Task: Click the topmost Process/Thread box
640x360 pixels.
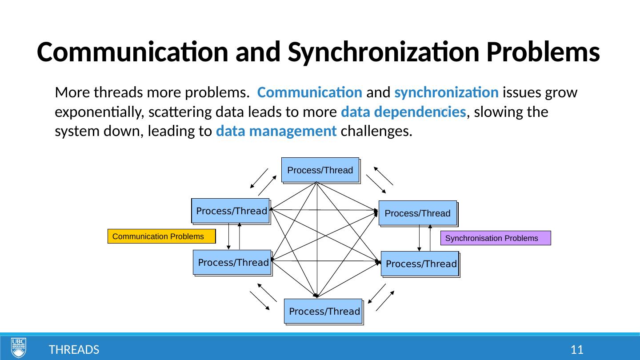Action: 320,170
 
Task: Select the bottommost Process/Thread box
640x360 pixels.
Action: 324,311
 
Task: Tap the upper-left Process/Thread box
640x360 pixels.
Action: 231,211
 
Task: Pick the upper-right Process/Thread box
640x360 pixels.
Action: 417,213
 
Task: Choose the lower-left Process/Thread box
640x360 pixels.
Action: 232,262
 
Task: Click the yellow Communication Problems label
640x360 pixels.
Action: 161,236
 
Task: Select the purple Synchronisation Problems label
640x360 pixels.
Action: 495,238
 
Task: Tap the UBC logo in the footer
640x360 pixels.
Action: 19,348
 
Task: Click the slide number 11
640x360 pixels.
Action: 576,350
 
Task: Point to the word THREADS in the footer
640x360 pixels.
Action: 74,350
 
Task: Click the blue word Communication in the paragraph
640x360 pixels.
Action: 310,93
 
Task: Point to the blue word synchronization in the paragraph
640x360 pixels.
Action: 446,93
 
